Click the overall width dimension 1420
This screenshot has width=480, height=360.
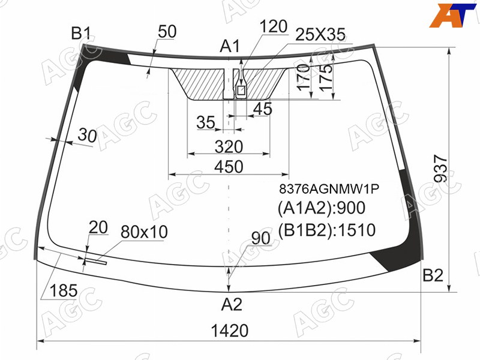(x=230, y=331)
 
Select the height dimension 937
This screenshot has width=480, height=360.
(x=441, y=169)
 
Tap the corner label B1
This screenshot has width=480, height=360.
(x=81, y=33)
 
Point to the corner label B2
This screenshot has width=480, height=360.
(x=433, y=275)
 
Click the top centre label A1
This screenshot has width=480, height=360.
(x=230, y=47)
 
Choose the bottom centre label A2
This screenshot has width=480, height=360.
(x=232, y=304)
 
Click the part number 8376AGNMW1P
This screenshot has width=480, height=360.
(x=329, y=189)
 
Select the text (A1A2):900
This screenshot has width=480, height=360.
(x=322, y=208)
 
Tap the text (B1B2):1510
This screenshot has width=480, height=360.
(x=326, y=230)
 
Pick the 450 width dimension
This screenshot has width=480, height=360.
(x=229, y=167)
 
